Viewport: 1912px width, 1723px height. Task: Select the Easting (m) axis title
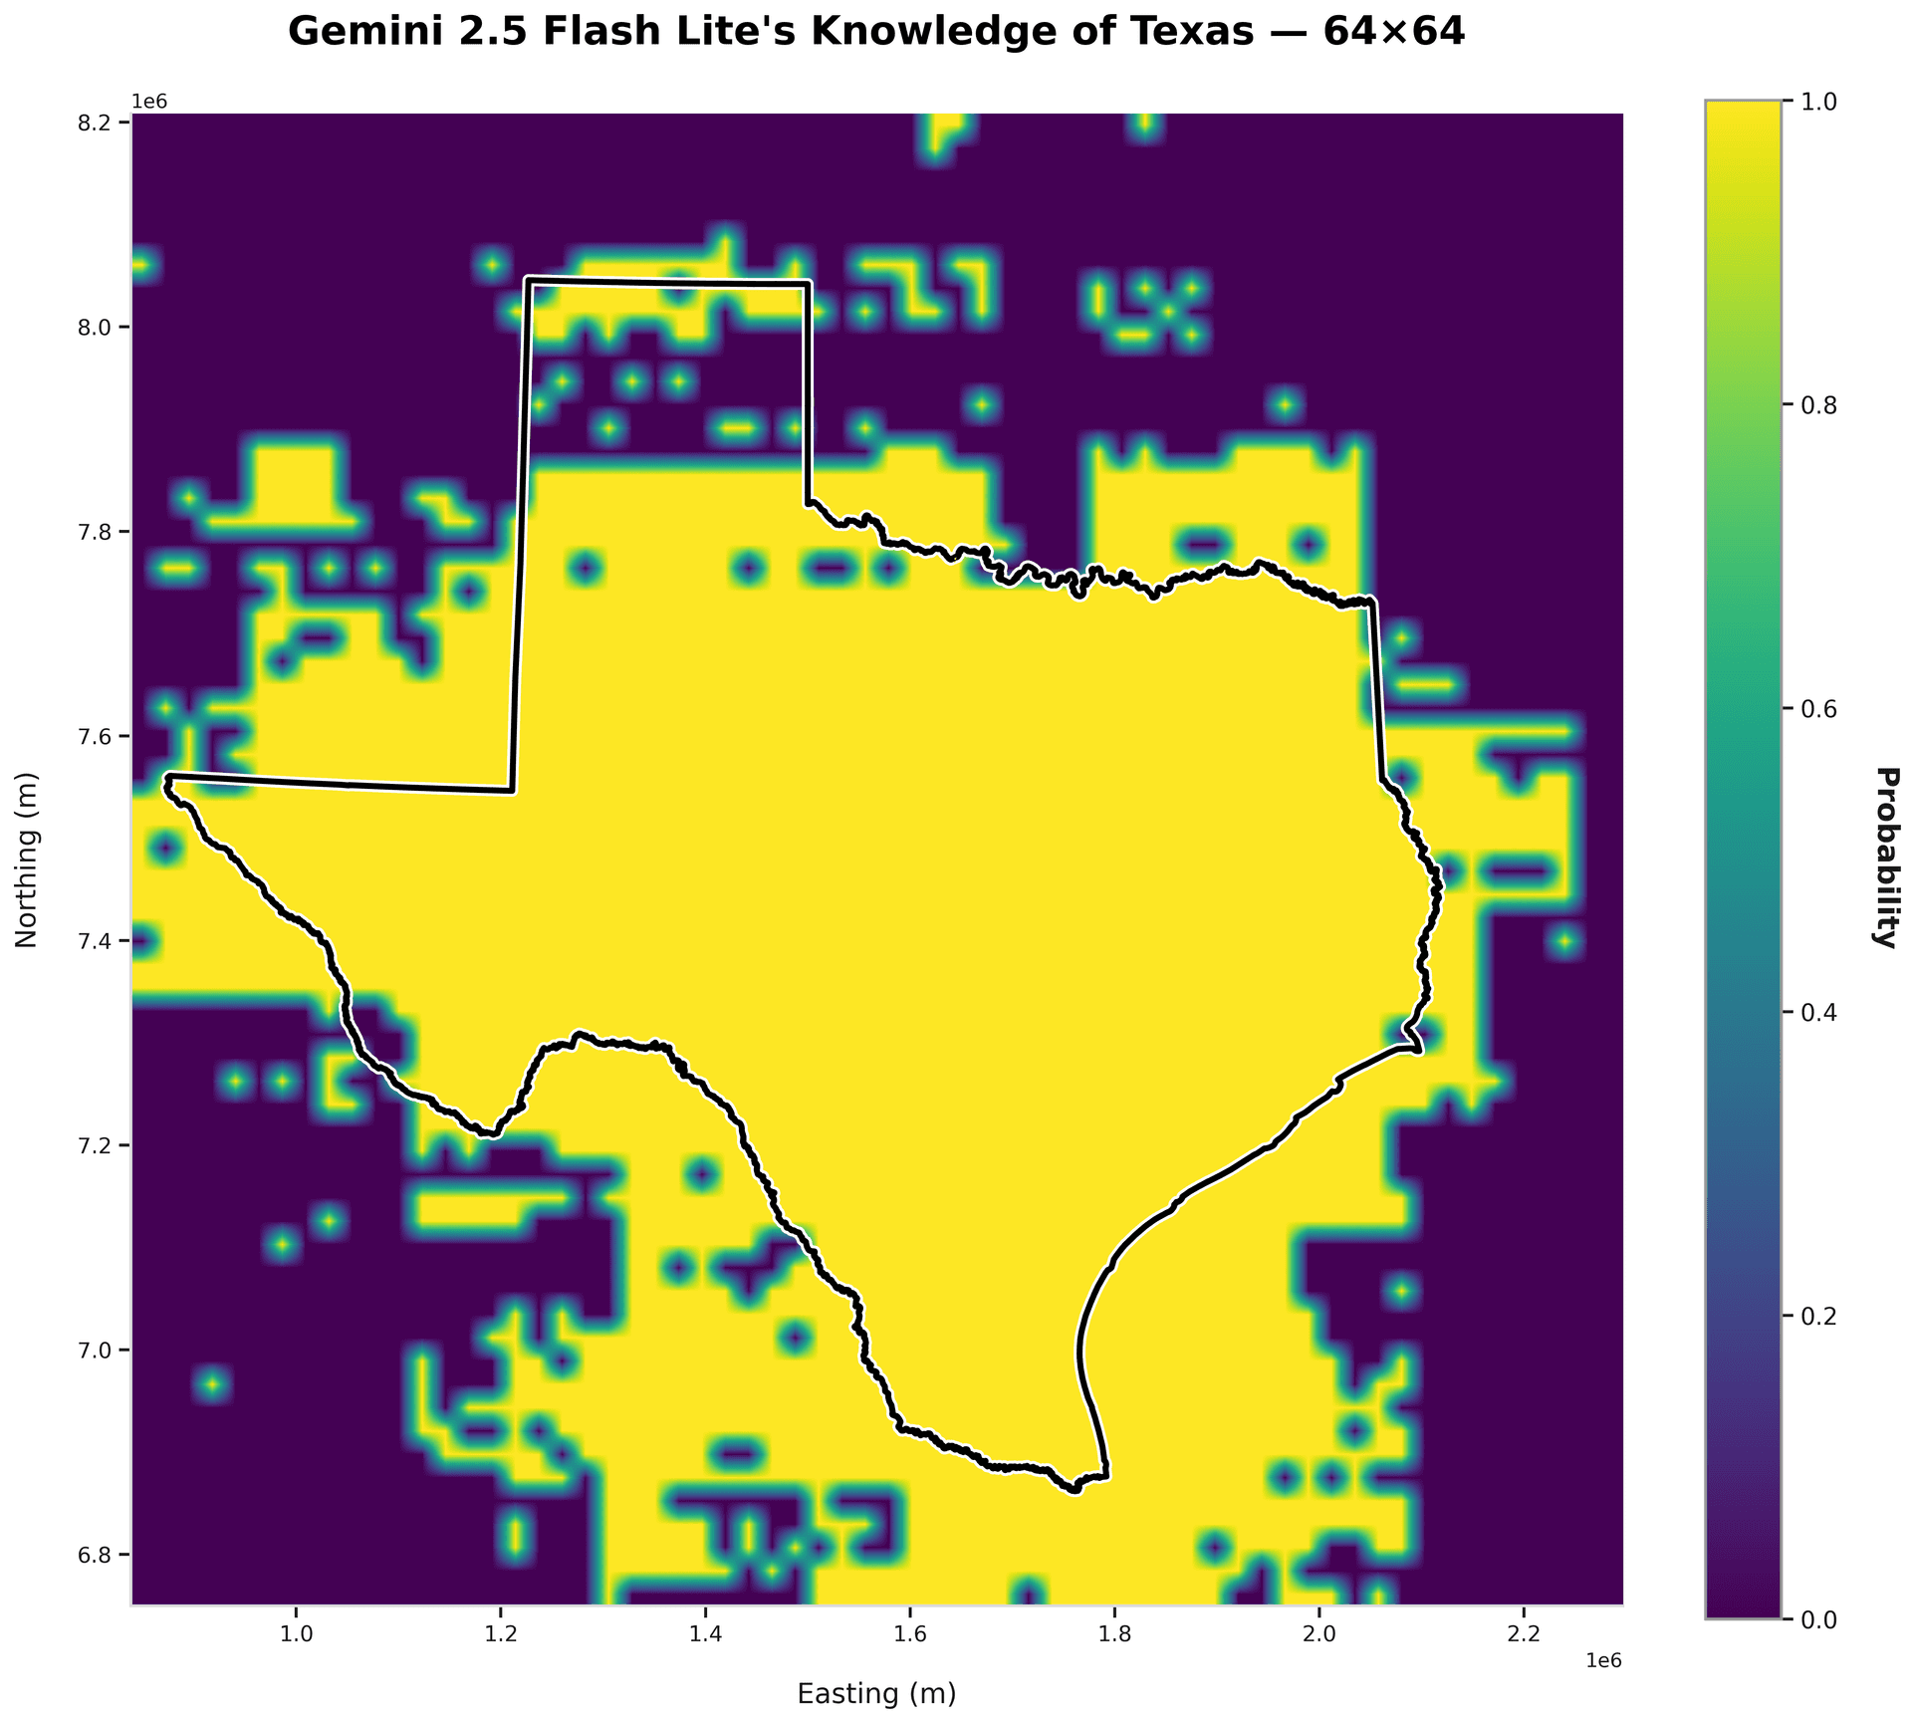coord(876,1694)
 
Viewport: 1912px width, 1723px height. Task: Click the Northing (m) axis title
coord(27,859)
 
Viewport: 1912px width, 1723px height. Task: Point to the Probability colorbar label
coord(1885,859)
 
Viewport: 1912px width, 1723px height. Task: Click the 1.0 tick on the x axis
coord(296,1634)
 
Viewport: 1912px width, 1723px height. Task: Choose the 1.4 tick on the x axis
coord(705,1634)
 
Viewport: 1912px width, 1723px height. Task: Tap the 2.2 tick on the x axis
coord(1524,1634)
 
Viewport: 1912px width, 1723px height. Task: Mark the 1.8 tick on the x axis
coord(1114,1634)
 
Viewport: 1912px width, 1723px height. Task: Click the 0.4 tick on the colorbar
coord(1818,1013)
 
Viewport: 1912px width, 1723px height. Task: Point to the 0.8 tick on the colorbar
coord(1818,405)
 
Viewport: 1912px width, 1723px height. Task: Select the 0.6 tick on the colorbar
coord(1818,709)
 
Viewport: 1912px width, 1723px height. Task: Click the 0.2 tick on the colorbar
coord(1818,1317)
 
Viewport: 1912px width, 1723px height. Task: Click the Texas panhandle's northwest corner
coord(527,280)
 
